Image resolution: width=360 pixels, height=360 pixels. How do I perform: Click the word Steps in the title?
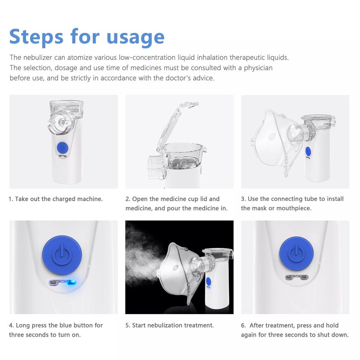36,37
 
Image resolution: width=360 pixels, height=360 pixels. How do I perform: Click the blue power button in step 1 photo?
63,148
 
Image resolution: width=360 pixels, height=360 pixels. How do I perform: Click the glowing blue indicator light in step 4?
71,283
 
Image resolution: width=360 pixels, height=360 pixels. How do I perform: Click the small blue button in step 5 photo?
208,282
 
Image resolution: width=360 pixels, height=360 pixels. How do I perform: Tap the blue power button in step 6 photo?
297,254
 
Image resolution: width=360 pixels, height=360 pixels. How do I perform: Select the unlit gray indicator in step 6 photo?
297,277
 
